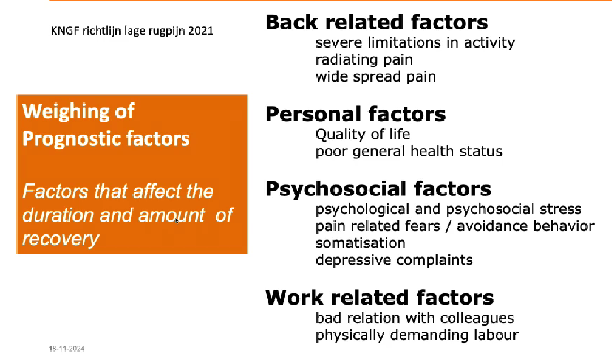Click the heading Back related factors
376,22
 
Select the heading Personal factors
356,114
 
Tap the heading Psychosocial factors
378,190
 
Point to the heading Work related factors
379,298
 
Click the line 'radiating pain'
364,60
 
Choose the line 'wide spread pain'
375,77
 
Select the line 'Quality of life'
362,134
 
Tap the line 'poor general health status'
409,151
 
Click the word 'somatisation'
361,243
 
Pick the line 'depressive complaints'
394,260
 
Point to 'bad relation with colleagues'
415,318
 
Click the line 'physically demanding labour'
417,336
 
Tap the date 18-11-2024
67,348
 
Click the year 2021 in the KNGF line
200,31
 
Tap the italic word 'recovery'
61,239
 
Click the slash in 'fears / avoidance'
448,226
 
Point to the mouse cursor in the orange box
177,221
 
